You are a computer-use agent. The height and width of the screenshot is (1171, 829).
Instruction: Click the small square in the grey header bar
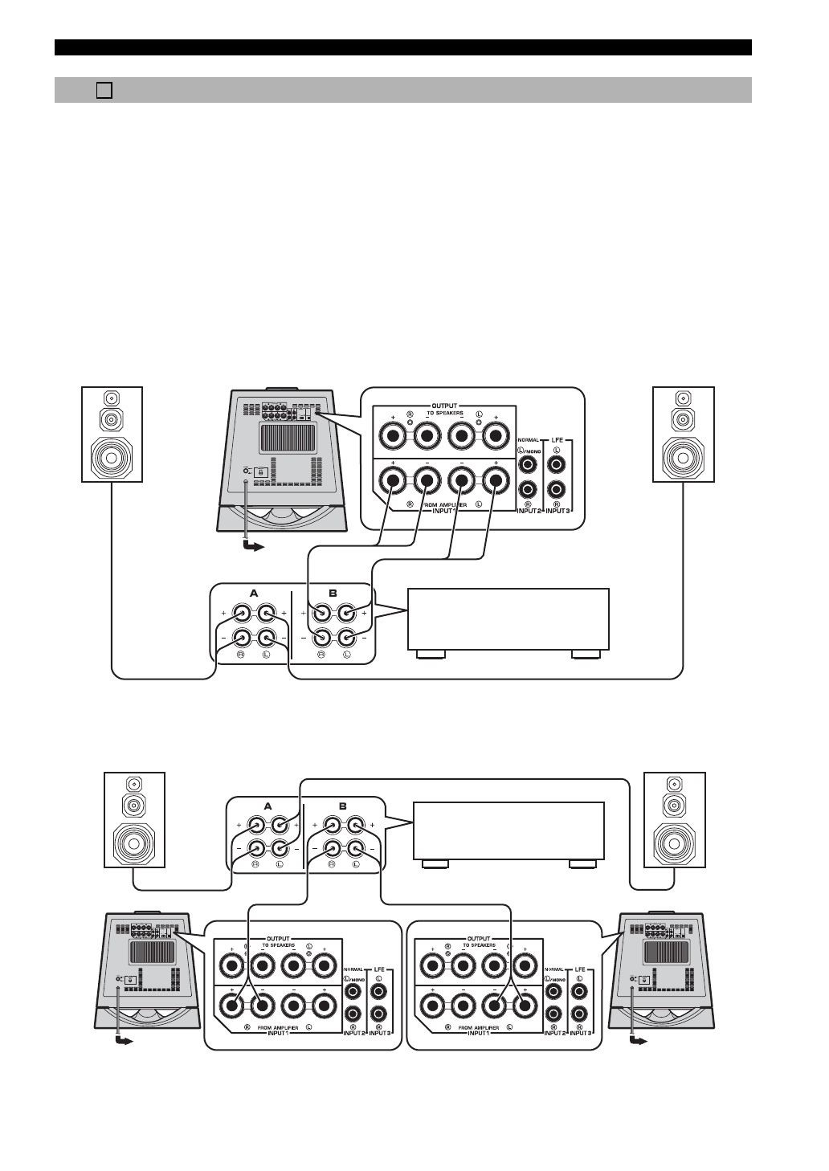(103, 90)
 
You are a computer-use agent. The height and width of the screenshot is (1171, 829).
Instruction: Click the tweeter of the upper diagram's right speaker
(683, 398)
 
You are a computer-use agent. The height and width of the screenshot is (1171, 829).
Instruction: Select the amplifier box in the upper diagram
(508, 618)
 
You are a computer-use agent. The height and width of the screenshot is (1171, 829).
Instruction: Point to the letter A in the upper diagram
(254, 593)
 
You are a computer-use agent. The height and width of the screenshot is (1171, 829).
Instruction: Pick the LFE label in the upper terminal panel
(557, 439)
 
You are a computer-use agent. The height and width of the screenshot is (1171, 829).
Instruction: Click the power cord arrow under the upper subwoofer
(252, 547)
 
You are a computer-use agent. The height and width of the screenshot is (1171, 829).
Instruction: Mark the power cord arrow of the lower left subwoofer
(123, 1042)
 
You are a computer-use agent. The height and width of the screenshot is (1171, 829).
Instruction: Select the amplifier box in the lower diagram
(507, 830)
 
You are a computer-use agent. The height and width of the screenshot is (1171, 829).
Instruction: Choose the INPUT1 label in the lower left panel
(273, 1034)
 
